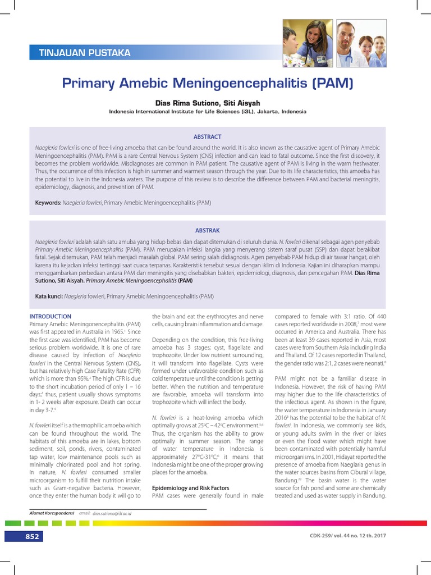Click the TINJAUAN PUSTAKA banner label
[84, 53]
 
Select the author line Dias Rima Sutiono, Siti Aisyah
[208, 103]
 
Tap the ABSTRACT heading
[208, 136]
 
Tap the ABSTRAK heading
[208, 230]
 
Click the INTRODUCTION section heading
[50, 317]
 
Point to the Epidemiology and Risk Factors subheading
[190, 488]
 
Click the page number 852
[33, 537]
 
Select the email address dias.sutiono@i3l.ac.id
[116, 513]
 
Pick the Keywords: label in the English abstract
[48, 202]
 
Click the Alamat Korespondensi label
[51, 513]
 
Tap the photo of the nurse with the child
[307, 44]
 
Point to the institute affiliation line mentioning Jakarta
[208, 112]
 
